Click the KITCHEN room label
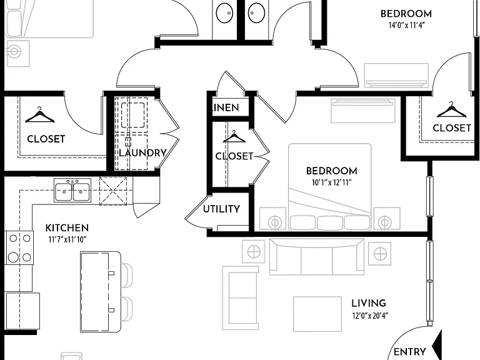click(x=67, y=228)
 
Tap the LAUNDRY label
click(x=142, y=152)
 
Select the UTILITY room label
click(x=221, y=209)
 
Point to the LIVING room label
click(x=369, y=303)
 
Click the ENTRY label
click(x=409, y=352)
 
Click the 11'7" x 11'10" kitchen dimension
click(x=67, y=240)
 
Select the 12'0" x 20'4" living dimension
click(x=370, y=315)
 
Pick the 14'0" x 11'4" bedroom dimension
click(x=407, y=26)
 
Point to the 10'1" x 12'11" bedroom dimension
click(x=331, y=182)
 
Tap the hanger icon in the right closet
click(x=451, y=110)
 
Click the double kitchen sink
click(x=72, y=191)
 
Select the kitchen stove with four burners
click(x=19, y=247)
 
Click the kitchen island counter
click(x=101, y=292)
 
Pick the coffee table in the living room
click(x=317, y=314)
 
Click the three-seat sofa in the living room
click(x=317, y=257)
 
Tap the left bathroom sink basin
click(x=225, y=14)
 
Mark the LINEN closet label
click(x=226, y=107)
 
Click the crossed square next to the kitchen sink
click(x=113, y=191)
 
